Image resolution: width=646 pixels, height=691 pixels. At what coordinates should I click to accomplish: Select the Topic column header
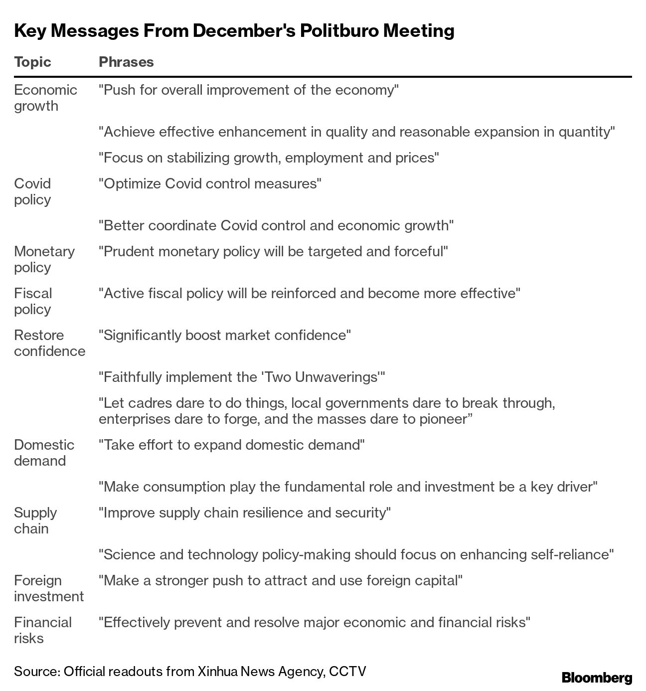(x=32, y=62)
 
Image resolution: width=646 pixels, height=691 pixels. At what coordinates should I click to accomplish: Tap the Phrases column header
(x=126, y=62)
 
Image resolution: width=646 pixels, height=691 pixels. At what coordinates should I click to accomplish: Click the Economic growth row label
(x=45, y=98)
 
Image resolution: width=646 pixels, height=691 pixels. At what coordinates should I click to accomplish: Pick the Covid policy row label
(x=32, y=191)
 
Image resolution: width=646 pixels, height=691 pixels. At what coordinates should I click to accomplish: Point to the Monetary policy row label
(x=44, y=259)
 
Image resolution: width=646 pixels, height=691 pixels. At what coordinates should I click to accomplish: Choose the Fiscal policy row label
(x=33, y=301)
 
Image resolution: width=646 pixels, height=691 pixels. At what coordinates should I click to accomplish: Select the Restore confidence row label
(x=49, y=343)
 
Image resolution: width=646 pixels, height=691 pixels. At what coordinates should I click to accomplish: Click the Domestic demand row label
(x=44, y=453)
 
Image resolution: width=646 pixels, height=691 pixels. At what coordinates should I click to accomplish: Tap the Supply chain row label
(x=35, y=520)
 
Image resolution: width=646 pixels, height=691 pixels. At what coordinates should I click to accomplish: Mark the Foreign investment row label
(x=49, y=588)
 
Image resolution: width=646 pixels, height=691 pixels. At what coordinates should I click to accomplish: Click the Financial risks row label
(x=43, y=630)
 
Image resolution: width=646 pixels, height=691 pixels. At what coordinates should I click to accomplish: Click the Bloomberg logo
(x=597, y=678)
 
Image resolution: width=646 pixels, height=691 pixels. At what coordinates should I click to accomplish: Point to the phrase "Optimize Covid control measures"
(x=210, y=183)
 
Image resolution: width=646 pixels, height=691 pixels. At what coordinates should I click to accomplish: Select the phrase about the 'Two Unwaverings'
(x=242, y=377)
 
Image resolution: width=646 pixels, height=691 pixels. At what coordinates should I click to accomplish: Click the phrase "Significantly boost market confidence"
(x=225, y=335)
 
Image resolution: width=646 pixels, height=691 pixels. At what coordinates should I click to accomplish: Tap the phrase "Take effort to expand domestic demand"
(x=232, y=445)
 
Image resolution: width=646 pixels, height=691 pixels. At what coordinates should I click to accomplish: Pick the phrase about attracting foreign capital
(x=281, y=580)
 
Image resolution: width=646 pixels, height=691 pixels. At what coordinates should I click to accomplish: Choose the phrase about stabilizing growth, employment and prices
(x=269, y=158)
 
